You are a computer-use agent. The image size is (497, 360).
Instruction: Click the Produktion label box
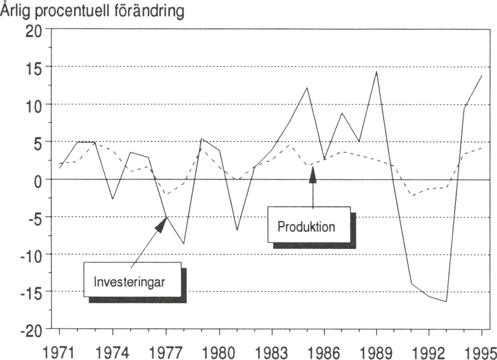[309, 225]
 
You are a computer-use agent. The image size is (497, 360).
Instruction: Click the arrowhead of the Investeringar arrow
[161, 224]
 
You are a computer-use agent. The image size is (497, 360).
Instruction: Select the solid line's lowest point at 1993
[446, 301]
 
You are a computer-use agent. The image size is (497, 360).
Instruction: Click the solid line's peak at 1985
[307, 88]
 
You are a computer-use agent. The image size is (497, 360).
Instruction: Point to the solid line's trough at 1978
[184, 244]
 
